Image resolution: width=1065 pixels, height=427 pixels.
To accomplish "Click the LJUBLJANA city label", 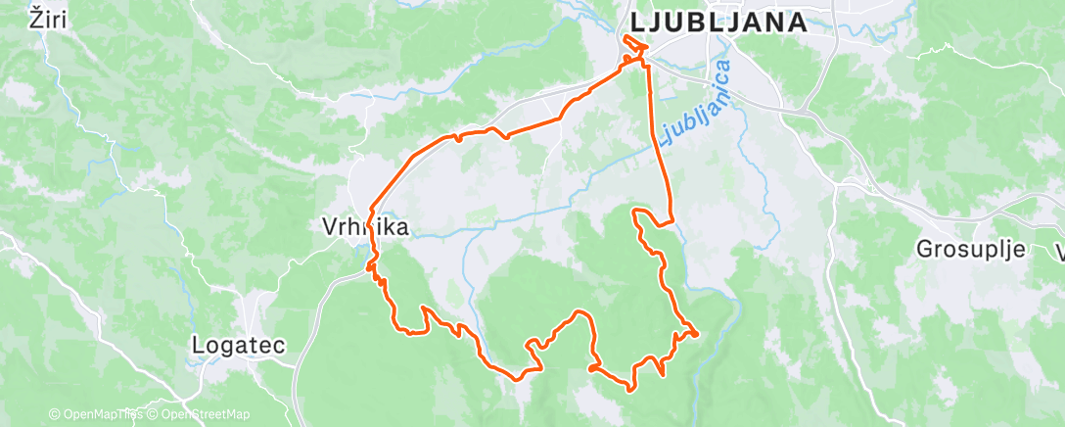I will (x=718, y=23).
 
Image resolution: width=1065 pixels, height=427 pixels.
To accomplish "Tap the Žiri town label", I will (x=49, y=19).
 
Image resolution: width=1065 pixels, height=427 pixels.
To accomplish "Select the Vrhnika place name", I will (x=364, y=227).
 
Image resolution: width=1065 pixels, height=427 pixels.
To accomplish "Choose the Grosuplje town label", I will (x=970, y=249).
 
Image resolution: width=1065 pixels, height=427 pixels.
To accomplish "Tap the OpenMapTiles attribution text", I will (x=101, y=415).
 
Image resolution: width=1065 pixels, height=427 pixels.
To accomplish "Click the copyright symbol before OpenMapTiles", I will (x=54, y=415).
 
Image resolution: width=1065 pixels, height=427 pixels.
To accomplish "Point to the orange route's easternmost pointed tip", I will (x=696, y=334).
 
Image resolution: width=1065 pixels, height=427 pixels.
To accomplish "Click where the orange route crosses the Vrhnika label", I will (x=371, y=225).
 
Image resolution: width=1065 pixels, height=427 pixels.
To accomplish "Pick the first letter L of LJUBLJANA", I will (x=637, y=23).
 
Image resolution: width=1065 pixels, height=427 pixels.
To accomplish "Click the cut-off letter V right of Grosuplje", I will (x=1059, y=251).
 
